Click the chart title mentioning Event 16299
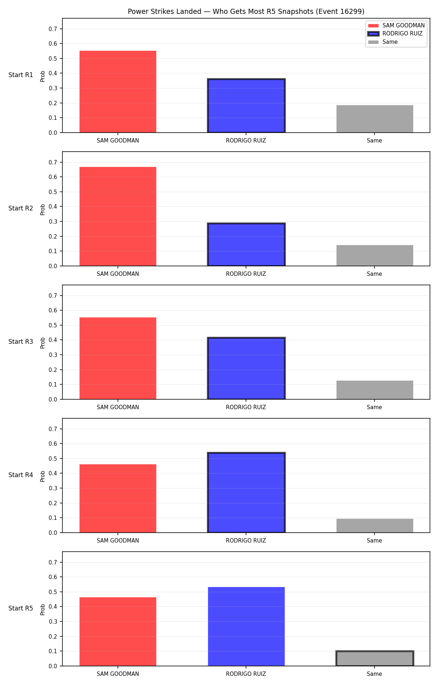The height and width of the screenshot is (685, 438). tap(246, 11)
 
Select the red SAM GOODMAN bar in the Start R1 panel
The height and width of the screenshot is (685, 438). tap(118, 92)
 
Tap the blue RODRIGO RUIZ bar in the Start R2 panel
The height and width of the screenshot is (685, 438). tap(246, 244)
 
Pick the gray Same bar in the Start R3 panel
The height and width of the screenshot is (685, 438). tap(375, 390)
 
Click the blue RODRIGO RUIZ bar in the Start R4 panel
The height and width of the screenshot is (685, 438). tap(246, 492)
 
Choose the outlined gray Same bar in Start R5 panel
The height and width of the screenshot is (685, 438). tap(375, 658)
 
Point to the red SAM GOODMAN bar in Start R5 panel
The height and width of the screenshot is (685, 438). tap(118, 632)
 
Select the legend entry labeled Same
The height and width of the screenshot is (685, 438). tap(383, 42)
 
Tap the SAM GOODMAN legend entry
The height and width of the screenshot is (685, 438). tap(396, 26)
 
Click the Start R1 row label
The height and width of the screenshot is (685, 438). tap(21, 75)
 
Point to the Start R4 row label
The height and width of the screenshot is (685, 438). tap(21, 475)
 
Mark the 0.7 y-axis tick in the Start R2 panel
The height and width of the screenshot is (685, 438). tap(53, 162)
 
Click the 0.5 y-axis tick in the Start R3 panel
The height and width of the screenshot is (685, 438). tap(53, 325)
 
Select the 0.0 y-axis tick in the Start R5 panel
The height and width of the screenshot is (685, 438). tap(53, 666)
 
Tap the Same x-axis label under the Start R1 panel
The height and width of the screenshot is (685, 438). tap(374, 141)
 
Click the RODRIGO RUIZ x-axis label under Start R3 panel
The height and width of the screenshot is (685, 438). tap(246, 407)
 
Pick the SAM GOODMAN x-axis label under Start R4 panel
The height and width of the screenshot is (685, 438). tap(118, 541)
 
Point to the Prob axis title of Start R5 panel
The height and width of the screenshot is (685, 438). tap(43, 609)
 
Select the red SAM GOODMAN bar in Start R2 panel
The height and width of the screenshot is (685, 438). tap(118, 216)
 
